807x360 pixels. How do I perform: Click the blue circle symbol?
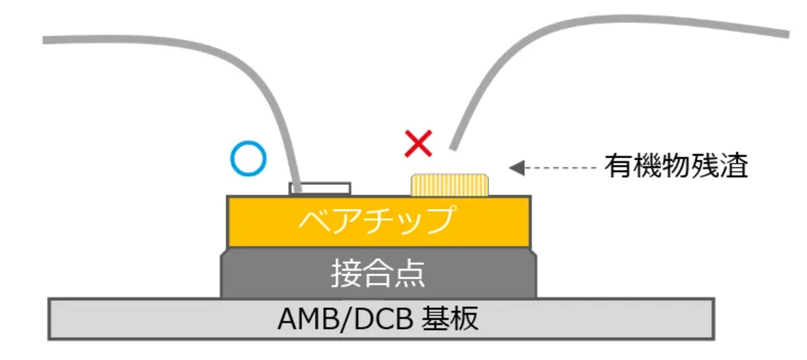[248, 158]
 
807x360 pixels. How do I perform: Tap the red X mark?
[418, 144]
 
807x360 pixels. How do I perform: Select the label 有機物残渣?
[676, 166]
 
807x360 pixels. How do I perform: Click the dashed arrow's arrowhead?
[517, 168]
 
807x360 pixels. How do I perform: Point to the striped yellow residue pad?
[449, 185]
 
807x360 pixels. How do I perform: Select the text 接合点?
[378, 273]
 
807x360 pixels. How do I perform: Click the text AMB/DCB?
[345, 319]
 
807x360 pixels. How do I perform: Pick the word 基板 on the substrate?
[450, 319]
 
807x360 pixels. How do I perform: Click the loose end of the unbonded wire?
[453, 147]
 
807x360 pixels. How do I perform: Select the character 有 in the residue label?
[618, 166]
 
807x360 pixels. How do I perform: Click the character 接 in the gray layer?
[346, 273]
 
